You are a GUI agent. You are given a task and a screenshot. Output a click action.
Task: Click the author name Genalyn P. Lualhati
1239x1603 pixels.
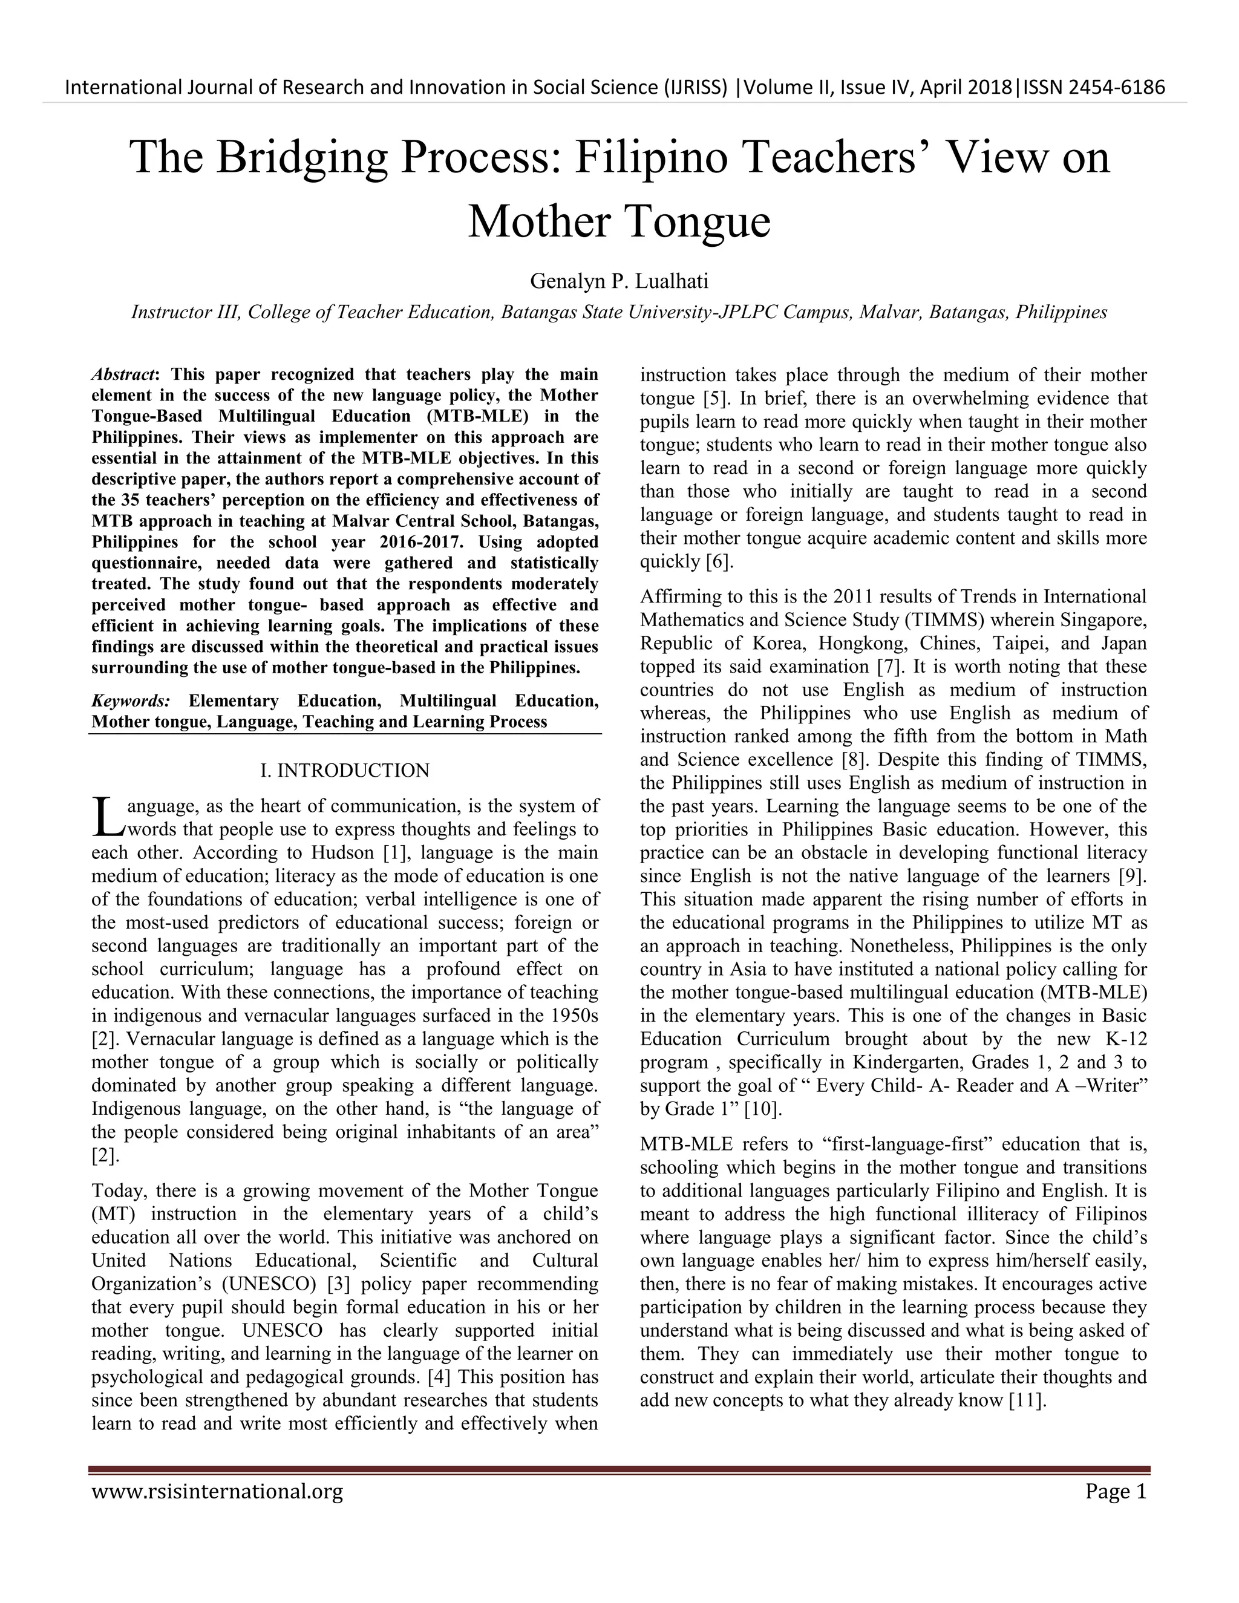tap(619, 281)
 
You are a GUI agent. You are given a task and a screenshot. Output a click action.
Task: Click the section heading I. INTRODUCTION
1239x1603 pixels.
tap(345, 771)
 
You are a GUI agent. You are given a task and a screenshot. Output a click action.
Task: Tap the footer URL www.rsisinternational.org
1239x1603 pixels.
tap(217, 1492)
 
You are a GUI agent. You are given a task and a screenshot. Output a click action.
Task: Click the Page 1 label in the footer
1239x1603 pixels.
tap(1116, 1492)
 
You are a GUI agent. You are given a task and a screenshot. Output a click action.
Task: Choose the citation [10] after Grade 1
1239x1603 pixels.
tap(763, 1109)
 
